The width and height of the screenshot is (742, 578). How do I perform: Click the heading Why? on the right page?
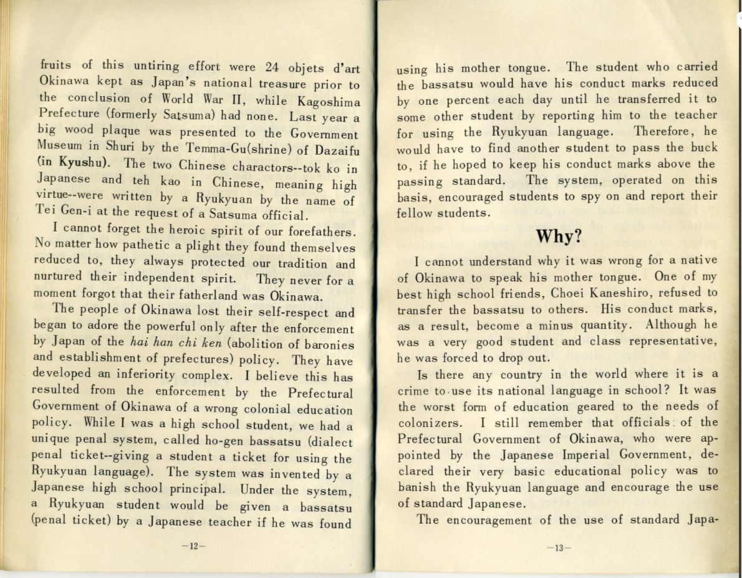pos(557,237)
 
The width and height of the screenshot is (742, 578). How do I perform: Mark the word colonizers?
pos(430,424)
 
